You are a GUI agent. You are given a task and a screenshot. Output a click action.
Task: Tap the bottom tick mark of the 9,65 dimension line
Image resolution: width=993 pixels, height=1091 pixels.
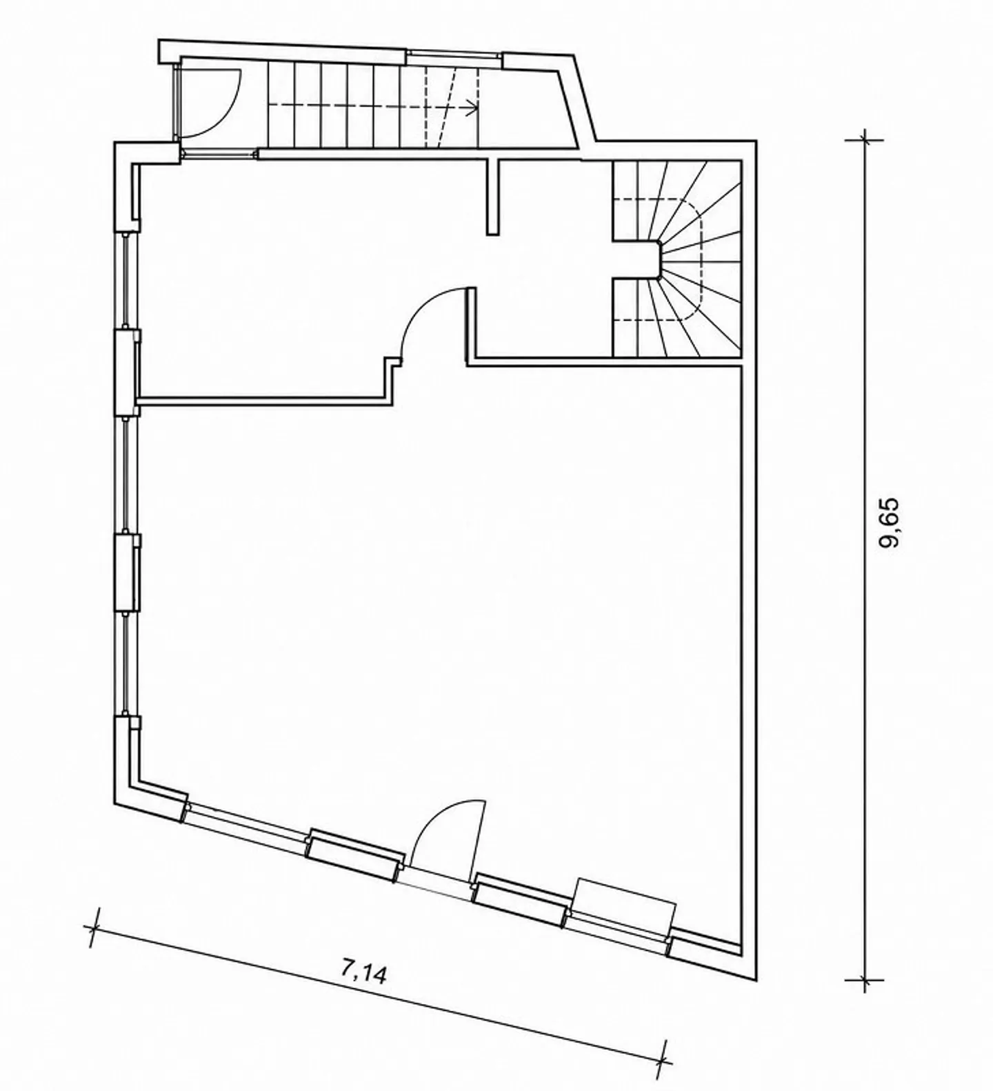click(x=865, y=979)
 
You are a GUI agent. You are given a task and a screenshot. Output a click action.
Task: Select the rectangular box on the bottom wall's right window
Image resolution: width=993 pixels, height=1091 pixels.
click(x=625, y=908)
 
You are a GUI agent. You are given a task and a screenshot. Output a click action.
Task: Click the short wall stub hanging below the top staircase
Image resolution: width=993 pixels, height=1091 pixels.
click(x=492, y=197)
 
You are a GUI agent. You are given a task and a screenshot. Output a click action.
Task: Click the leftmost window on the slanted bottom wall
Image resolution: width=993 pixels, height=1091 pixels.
click(x=247, y=820)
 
